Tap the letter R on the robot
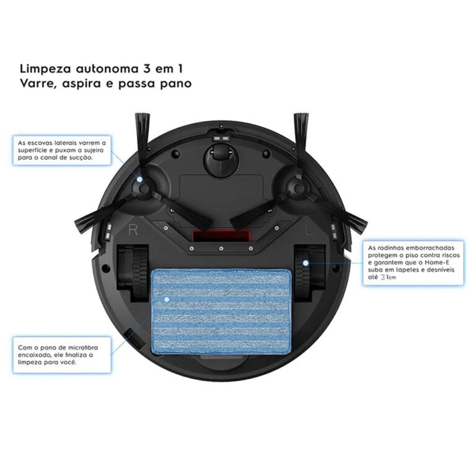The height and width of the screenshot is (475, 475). pyautogui.click(x=133, y=230)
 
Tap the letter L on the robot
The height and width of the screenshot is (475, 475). pyautogui.click(x=309, y=230)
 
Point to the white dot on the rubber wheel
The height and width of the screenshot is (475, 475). pyautogui.click(x=306, y=262)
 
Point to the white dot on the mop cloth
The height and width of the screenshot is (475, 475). pyautogui.click(x=167, y=300)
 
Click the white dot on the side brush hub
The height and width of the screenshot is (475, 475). pyautogui.click(x=140, y=179)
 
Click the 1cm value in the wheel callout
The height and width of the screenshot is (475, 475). pyautogui.click(x=390, y=277)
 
